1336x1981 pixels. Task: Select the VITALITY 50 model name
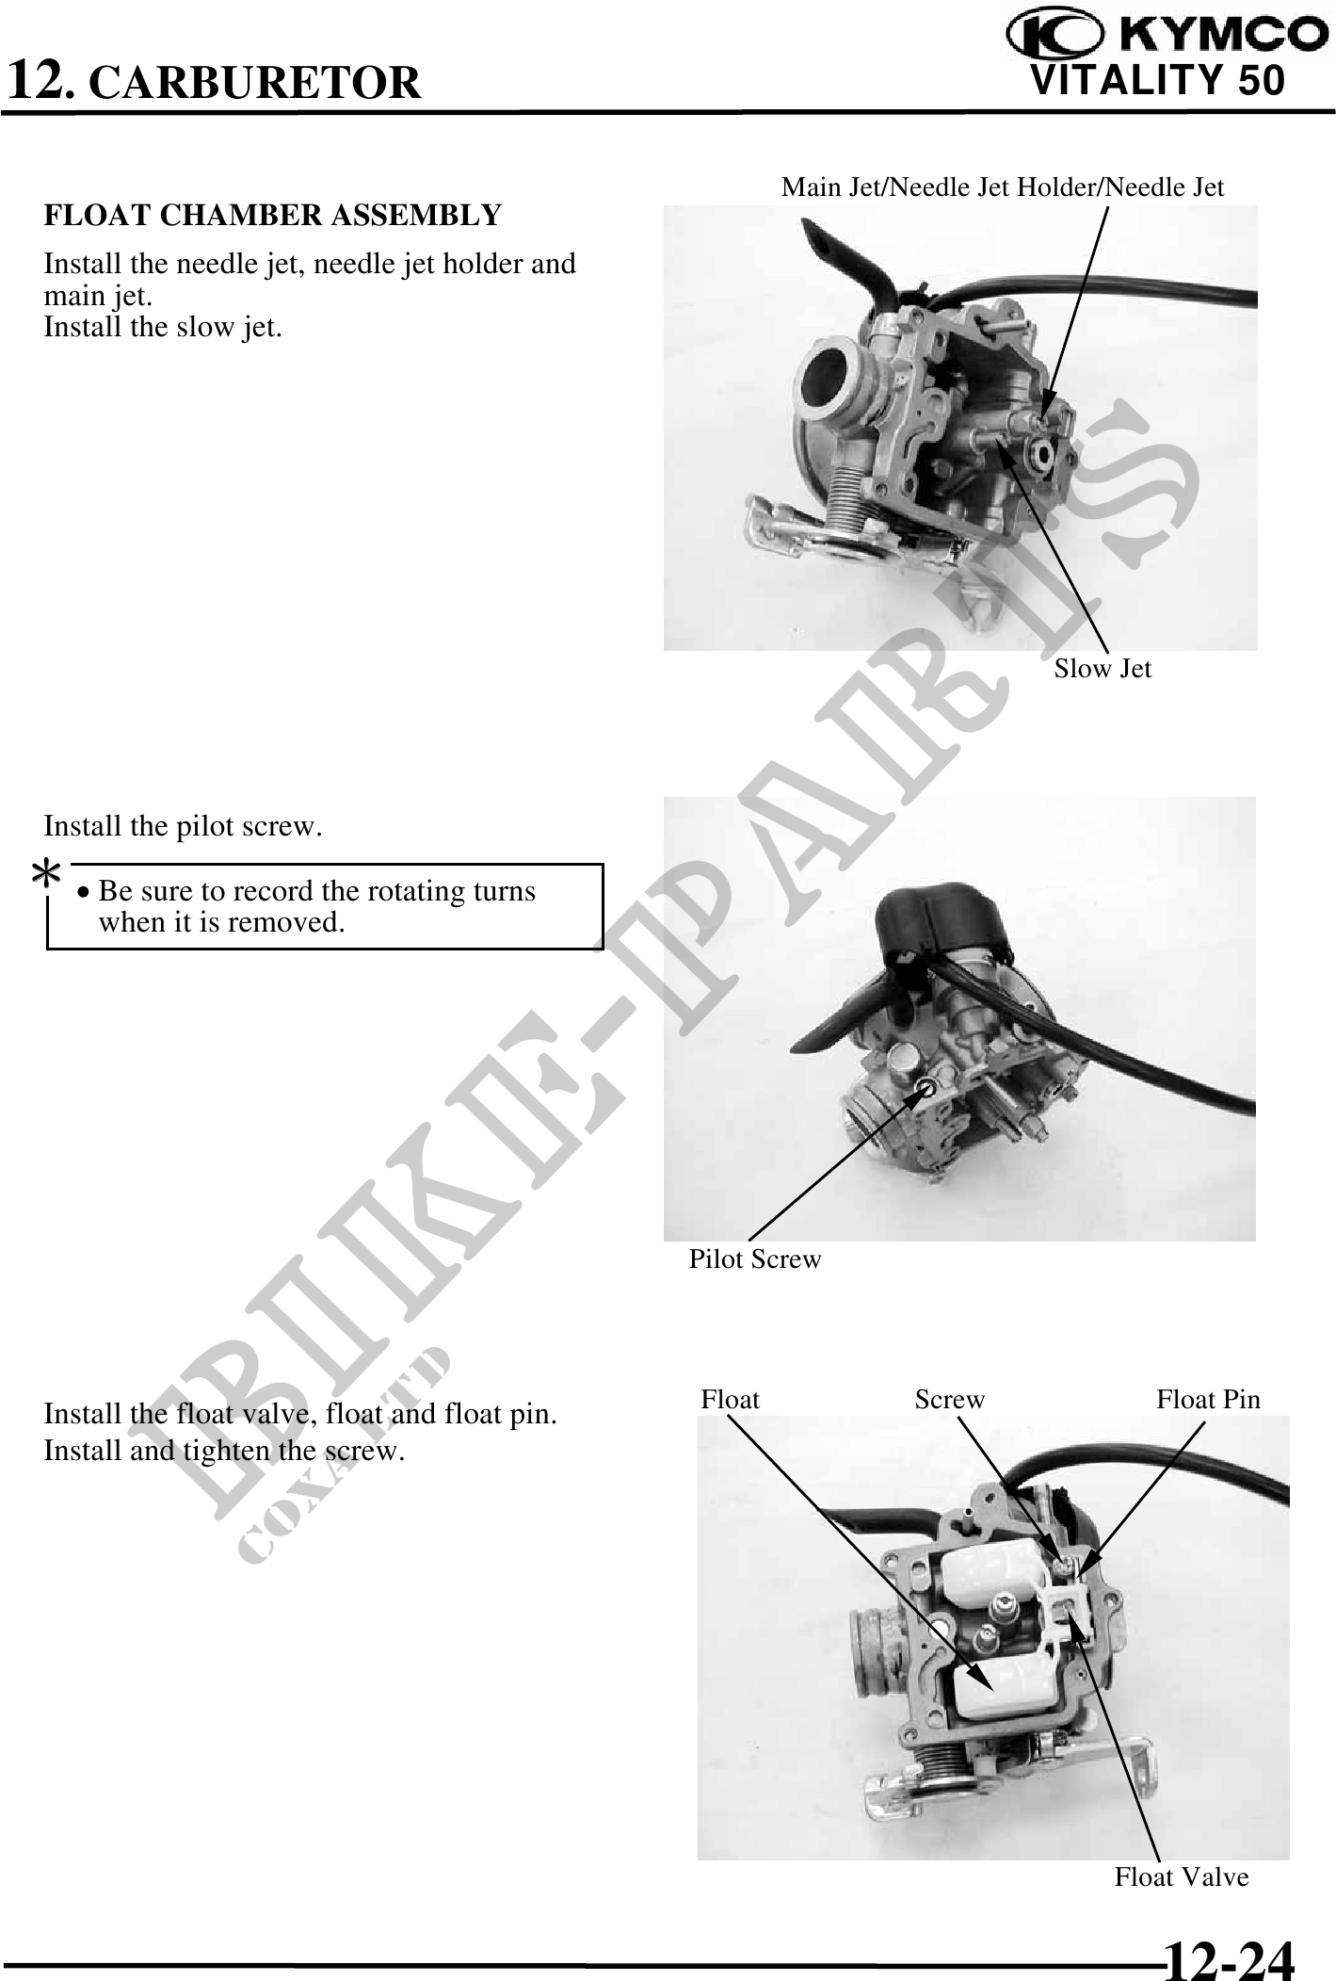click(1157, 80)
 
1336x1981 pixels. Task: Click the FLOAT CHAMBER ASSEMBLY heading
click(273, 216)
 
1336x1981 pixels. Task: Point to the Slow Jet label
click(1103, 669)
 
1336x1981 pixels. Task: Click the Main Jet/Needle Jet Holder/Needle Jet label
click(1003, 187)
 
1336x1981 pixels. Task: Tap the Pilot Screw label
click(755, 1259)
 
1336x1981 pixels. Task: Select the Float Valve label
click(1182, 1877)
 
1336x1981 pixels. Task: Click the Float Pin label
click(1208, 1400)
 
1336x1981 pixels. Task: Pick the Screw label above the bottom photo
click(950, 1400)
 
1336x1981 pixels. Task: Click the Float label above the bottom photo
click(730, 1400)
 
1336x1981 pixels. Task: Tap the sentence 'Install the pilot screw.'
click(184, 827)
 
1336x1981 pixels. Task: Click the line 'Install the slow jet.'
click(163, 328)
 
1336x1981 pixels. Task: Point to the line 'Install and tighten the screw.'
click(224, 1451)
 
